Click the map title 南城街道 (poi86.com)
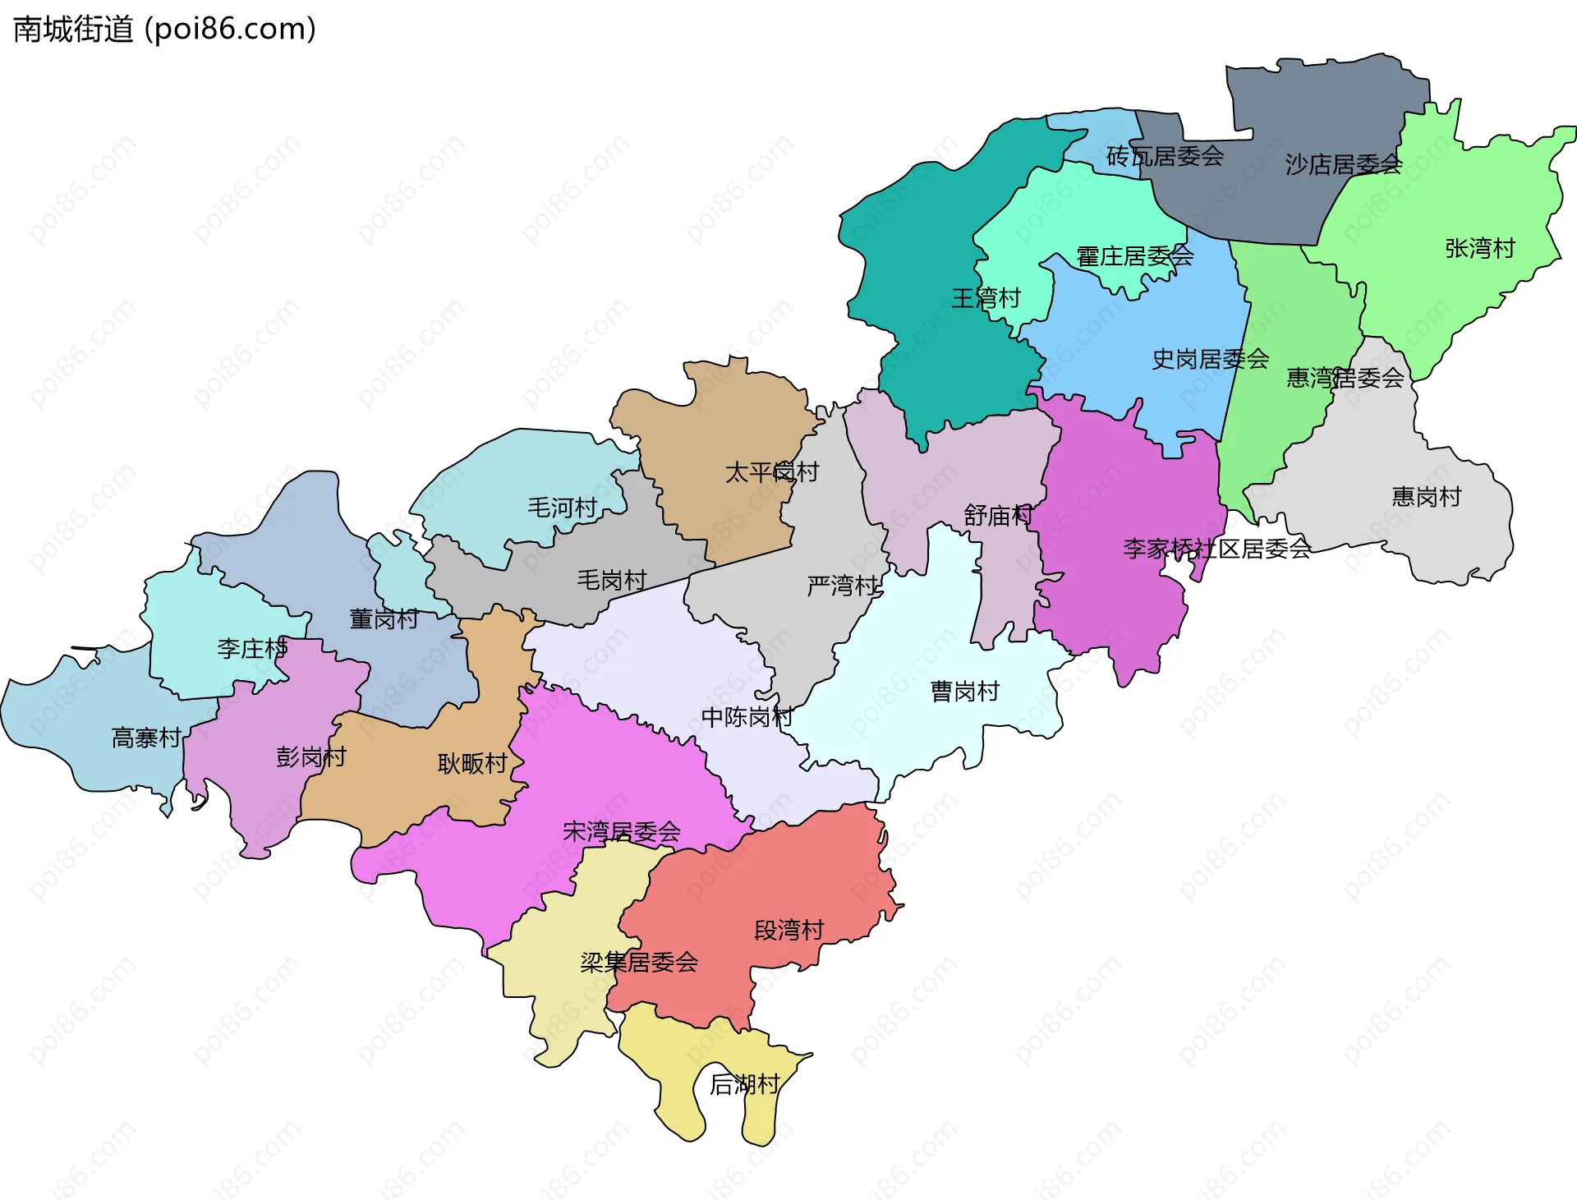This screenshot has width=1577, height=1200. [x=164, y=30]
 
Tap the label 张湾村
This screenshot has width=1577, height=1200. [x=1479, y=248]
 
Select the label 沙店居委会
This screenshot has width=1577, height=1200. [x=1343, y=164]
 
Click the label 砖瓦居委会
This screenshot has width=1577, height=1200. [x=1165, y=156]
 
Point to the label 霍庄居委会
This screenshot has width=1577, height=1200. [x=1134, y=256]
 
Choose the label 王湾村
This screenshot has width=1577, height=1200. [x=986, y=298]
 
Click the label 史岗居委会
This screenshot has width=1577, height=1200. [x=1210, y=359]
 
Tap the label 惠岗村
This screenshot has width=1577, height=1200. [x=1426, y=496]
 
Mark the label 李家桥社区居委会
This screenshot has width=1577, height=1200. [x=1216, y=549]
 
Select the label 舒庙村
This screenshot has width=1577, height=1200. [x=998, y=516]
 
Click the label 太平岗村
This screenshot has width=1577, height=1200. [x=771, y=472]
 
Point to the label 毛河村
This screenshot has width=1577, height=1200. [x=562, y=508]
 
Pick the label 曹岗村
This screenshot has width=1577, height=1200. [x=964, y=692]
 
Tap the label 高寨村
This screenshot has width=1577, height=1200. [x=146, y=738]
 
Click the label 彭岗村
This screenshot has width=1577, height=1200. [x=310, y=756]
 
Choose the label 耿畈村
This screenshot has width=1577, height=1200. [x=472, y=764]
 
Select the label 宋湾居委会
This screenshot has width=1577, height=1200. [x=621, y=832]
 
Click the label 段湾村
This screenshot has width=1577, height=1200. [x=788, y=931]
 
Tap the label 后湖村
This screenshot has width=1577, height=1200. [x=744, y=1085]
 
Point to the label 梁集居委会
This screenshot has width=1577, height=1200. [x=639, y=962]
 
